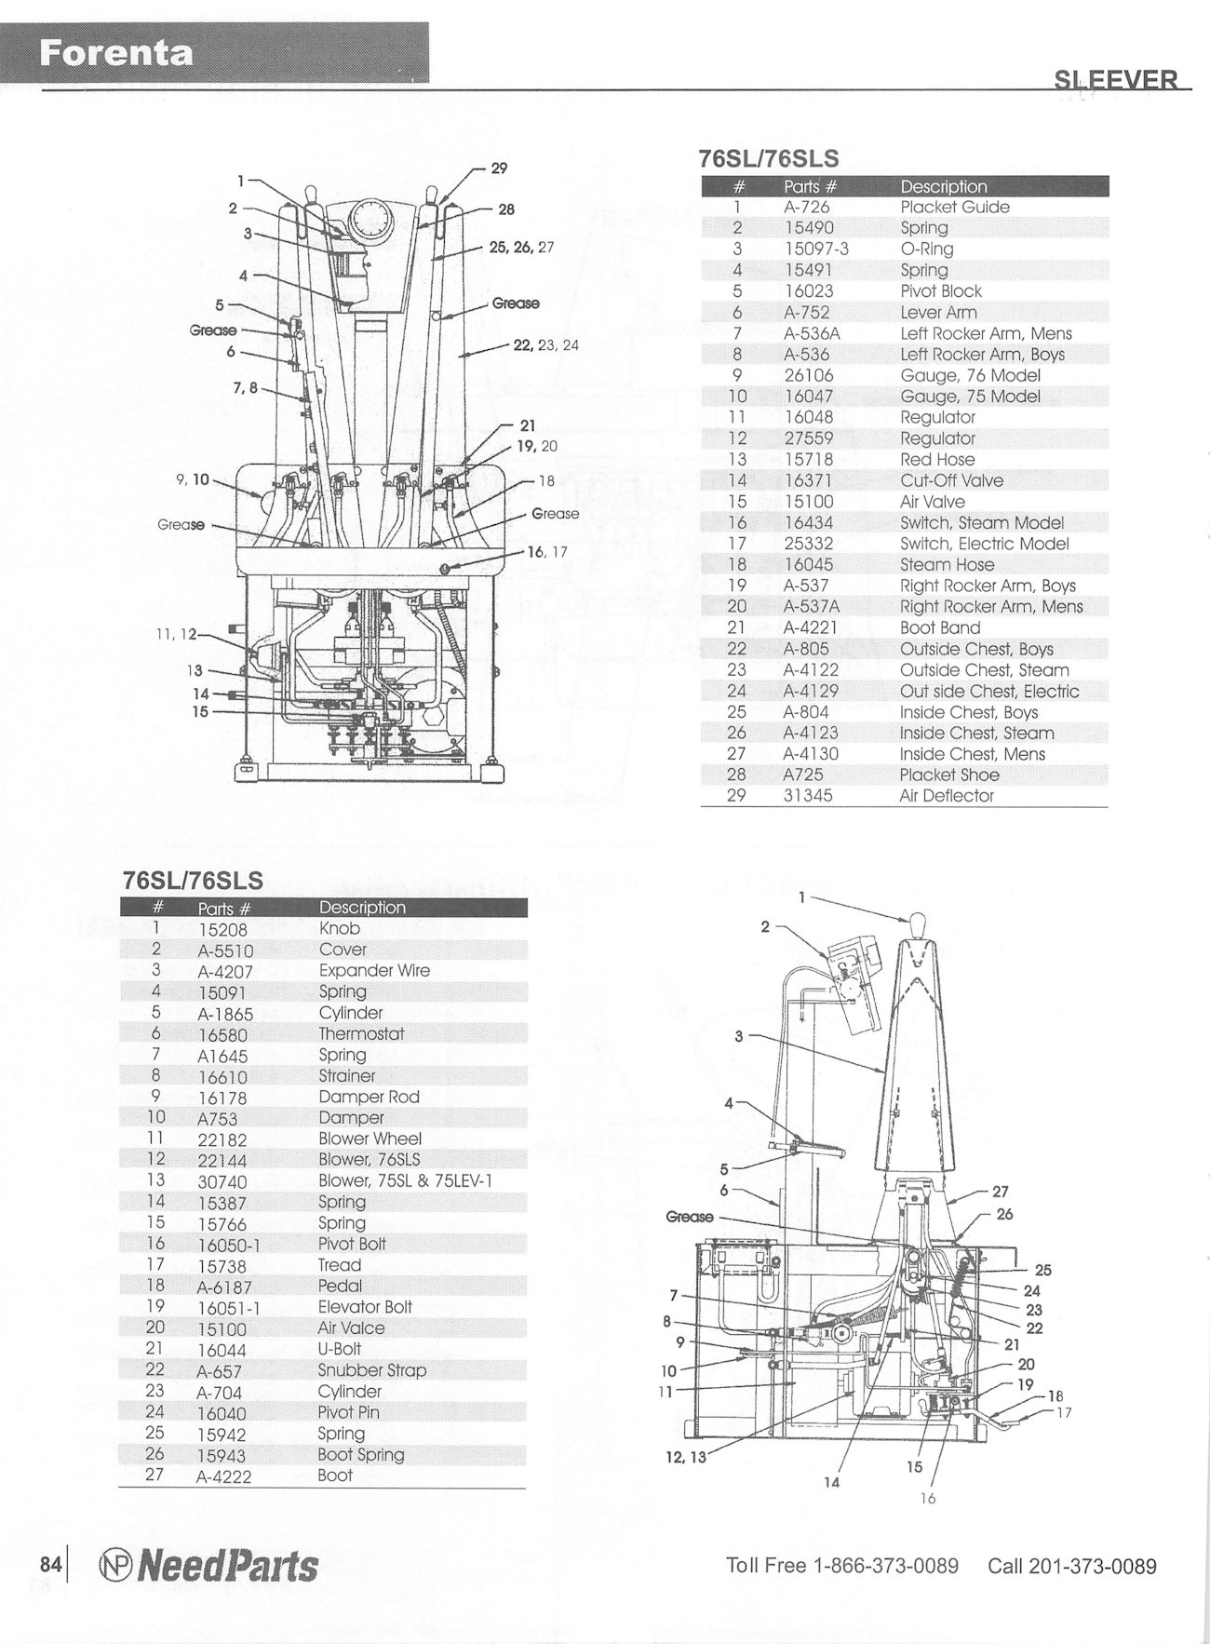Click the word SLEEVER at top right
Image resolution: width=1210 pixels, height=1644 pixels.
[x=1116, y=79]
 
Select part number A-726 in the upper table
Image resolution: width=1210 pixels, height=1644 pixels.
[x=806, y=207]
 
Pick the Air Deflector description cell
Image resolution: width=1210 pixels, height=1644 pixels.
[x=947, y=796]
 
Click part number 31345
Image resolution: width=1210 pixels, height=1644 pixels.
[x=808, y=796]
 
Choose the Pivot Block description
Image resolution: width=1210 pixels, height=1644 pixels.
[x=940, y=291]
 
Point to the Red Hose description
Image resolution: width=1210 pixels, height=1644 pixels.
[x=937, y=460]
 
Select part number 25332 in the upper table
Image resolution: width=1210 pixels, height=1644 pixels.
[x=809, y=544]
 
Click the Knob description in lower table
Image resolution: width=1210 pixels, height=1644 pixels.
[x=339, y=928]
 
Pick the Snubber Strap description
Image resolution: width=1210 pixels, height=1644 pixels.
[x=371, y=1370]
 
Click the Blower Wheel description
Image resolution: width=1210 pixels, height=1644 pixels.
[x=370, y=1139]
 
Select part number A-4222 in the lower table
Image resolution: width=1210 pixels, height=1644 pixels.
[x=224, y=1476]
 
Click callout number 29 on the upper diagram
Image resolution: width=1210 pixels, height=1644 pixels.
[x=499, y=168]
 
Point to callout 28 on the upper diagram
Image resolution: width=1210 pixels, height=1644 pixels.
[x=506, y=209]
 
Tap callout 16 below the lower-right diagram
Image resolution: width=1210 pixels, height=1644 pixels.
[x=928, y=1498]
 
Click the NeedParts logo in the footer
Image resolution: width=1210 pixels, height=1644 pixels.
[x=207, y=1566]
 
